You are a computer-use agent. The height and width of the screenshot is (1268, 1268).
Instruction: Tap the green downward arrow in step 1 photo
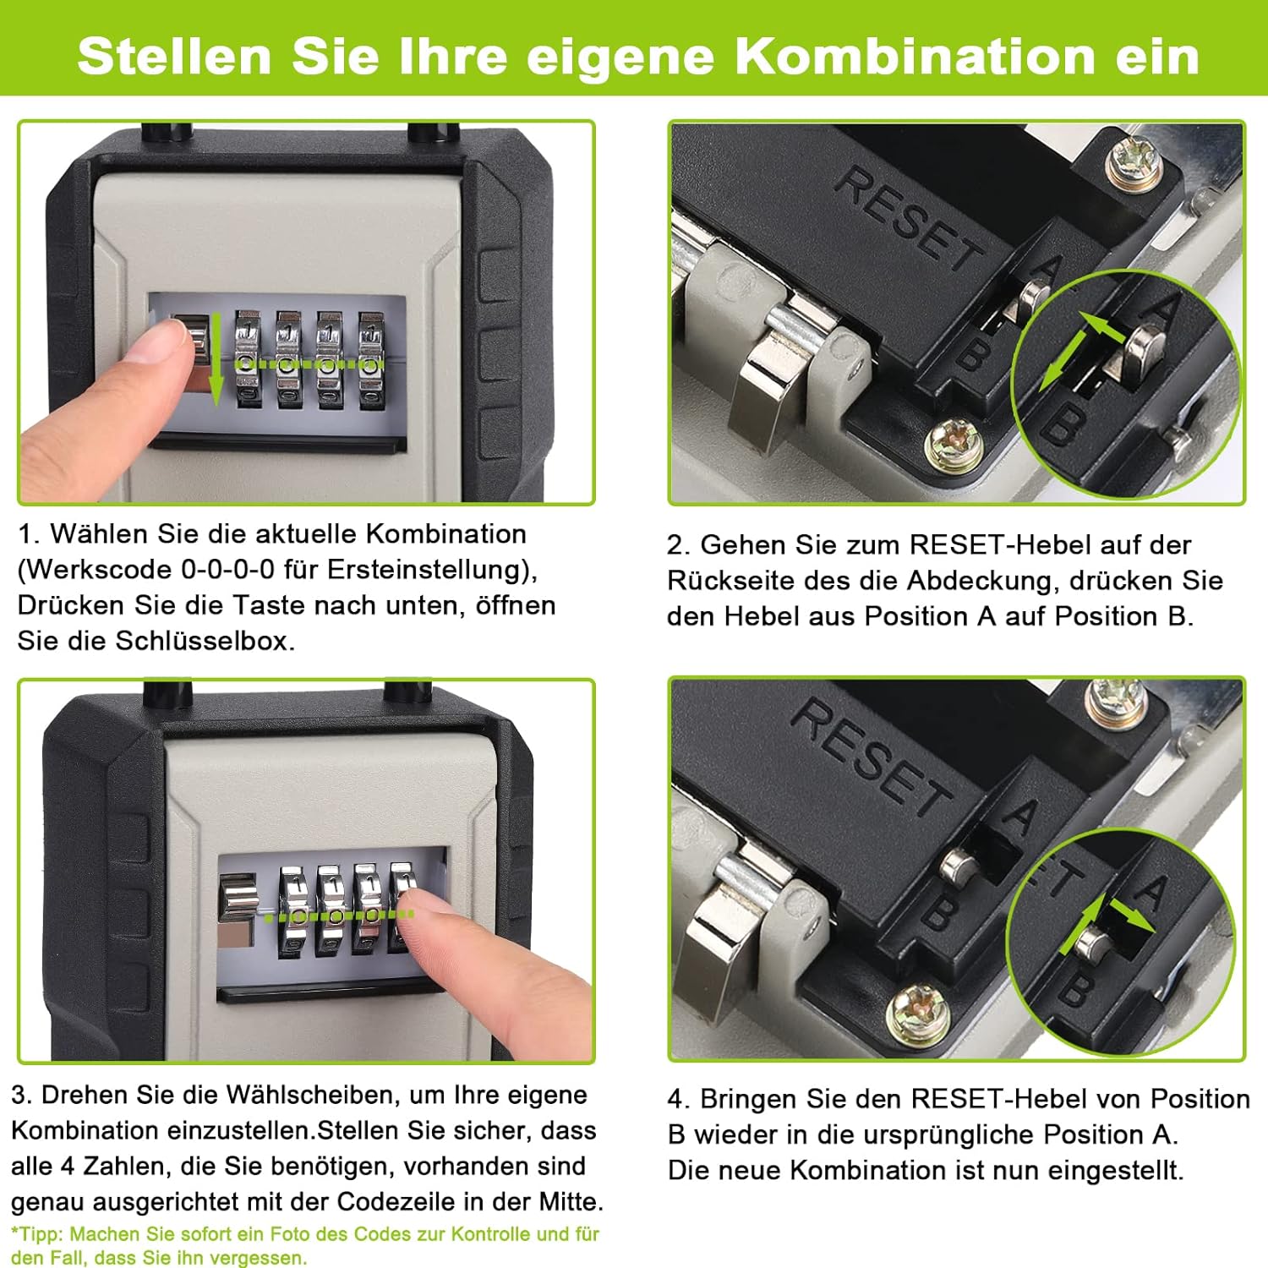tap(216, 357)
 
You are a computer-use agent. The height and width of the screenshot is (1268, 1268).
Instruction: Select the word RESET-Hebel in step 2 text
tap(1001, 545)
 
